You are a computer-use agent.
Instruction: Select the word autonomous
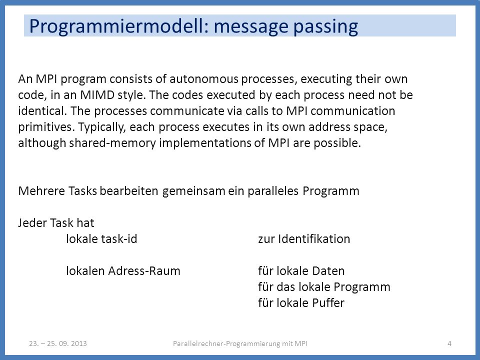[x=204, y=79]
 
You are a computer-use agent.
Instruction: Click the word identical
[x=42, y=111]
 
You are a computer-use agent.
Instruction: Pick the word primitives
[x=46, y=127]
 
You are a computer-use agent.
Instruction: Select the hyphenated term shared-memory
[x=112, y=143]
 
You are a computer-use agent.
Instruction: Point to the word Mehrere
[x=41, y=191]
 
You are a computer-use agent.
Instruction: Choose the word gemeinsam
[x=194, y=191]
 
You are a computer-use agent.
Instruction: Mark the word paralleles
[x=273, y=191]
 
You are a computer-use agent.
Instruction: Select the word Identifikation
[x=314, y=239]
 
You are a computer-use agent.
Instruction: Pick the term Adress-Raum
[x=144, y=271]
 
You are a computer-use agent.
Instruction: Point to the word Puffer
[x=328, y=303]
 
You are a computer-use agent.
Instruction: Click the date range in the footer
[x=58, y=343]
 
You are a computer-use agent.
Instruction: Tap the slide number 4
[x=449, y=343]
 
